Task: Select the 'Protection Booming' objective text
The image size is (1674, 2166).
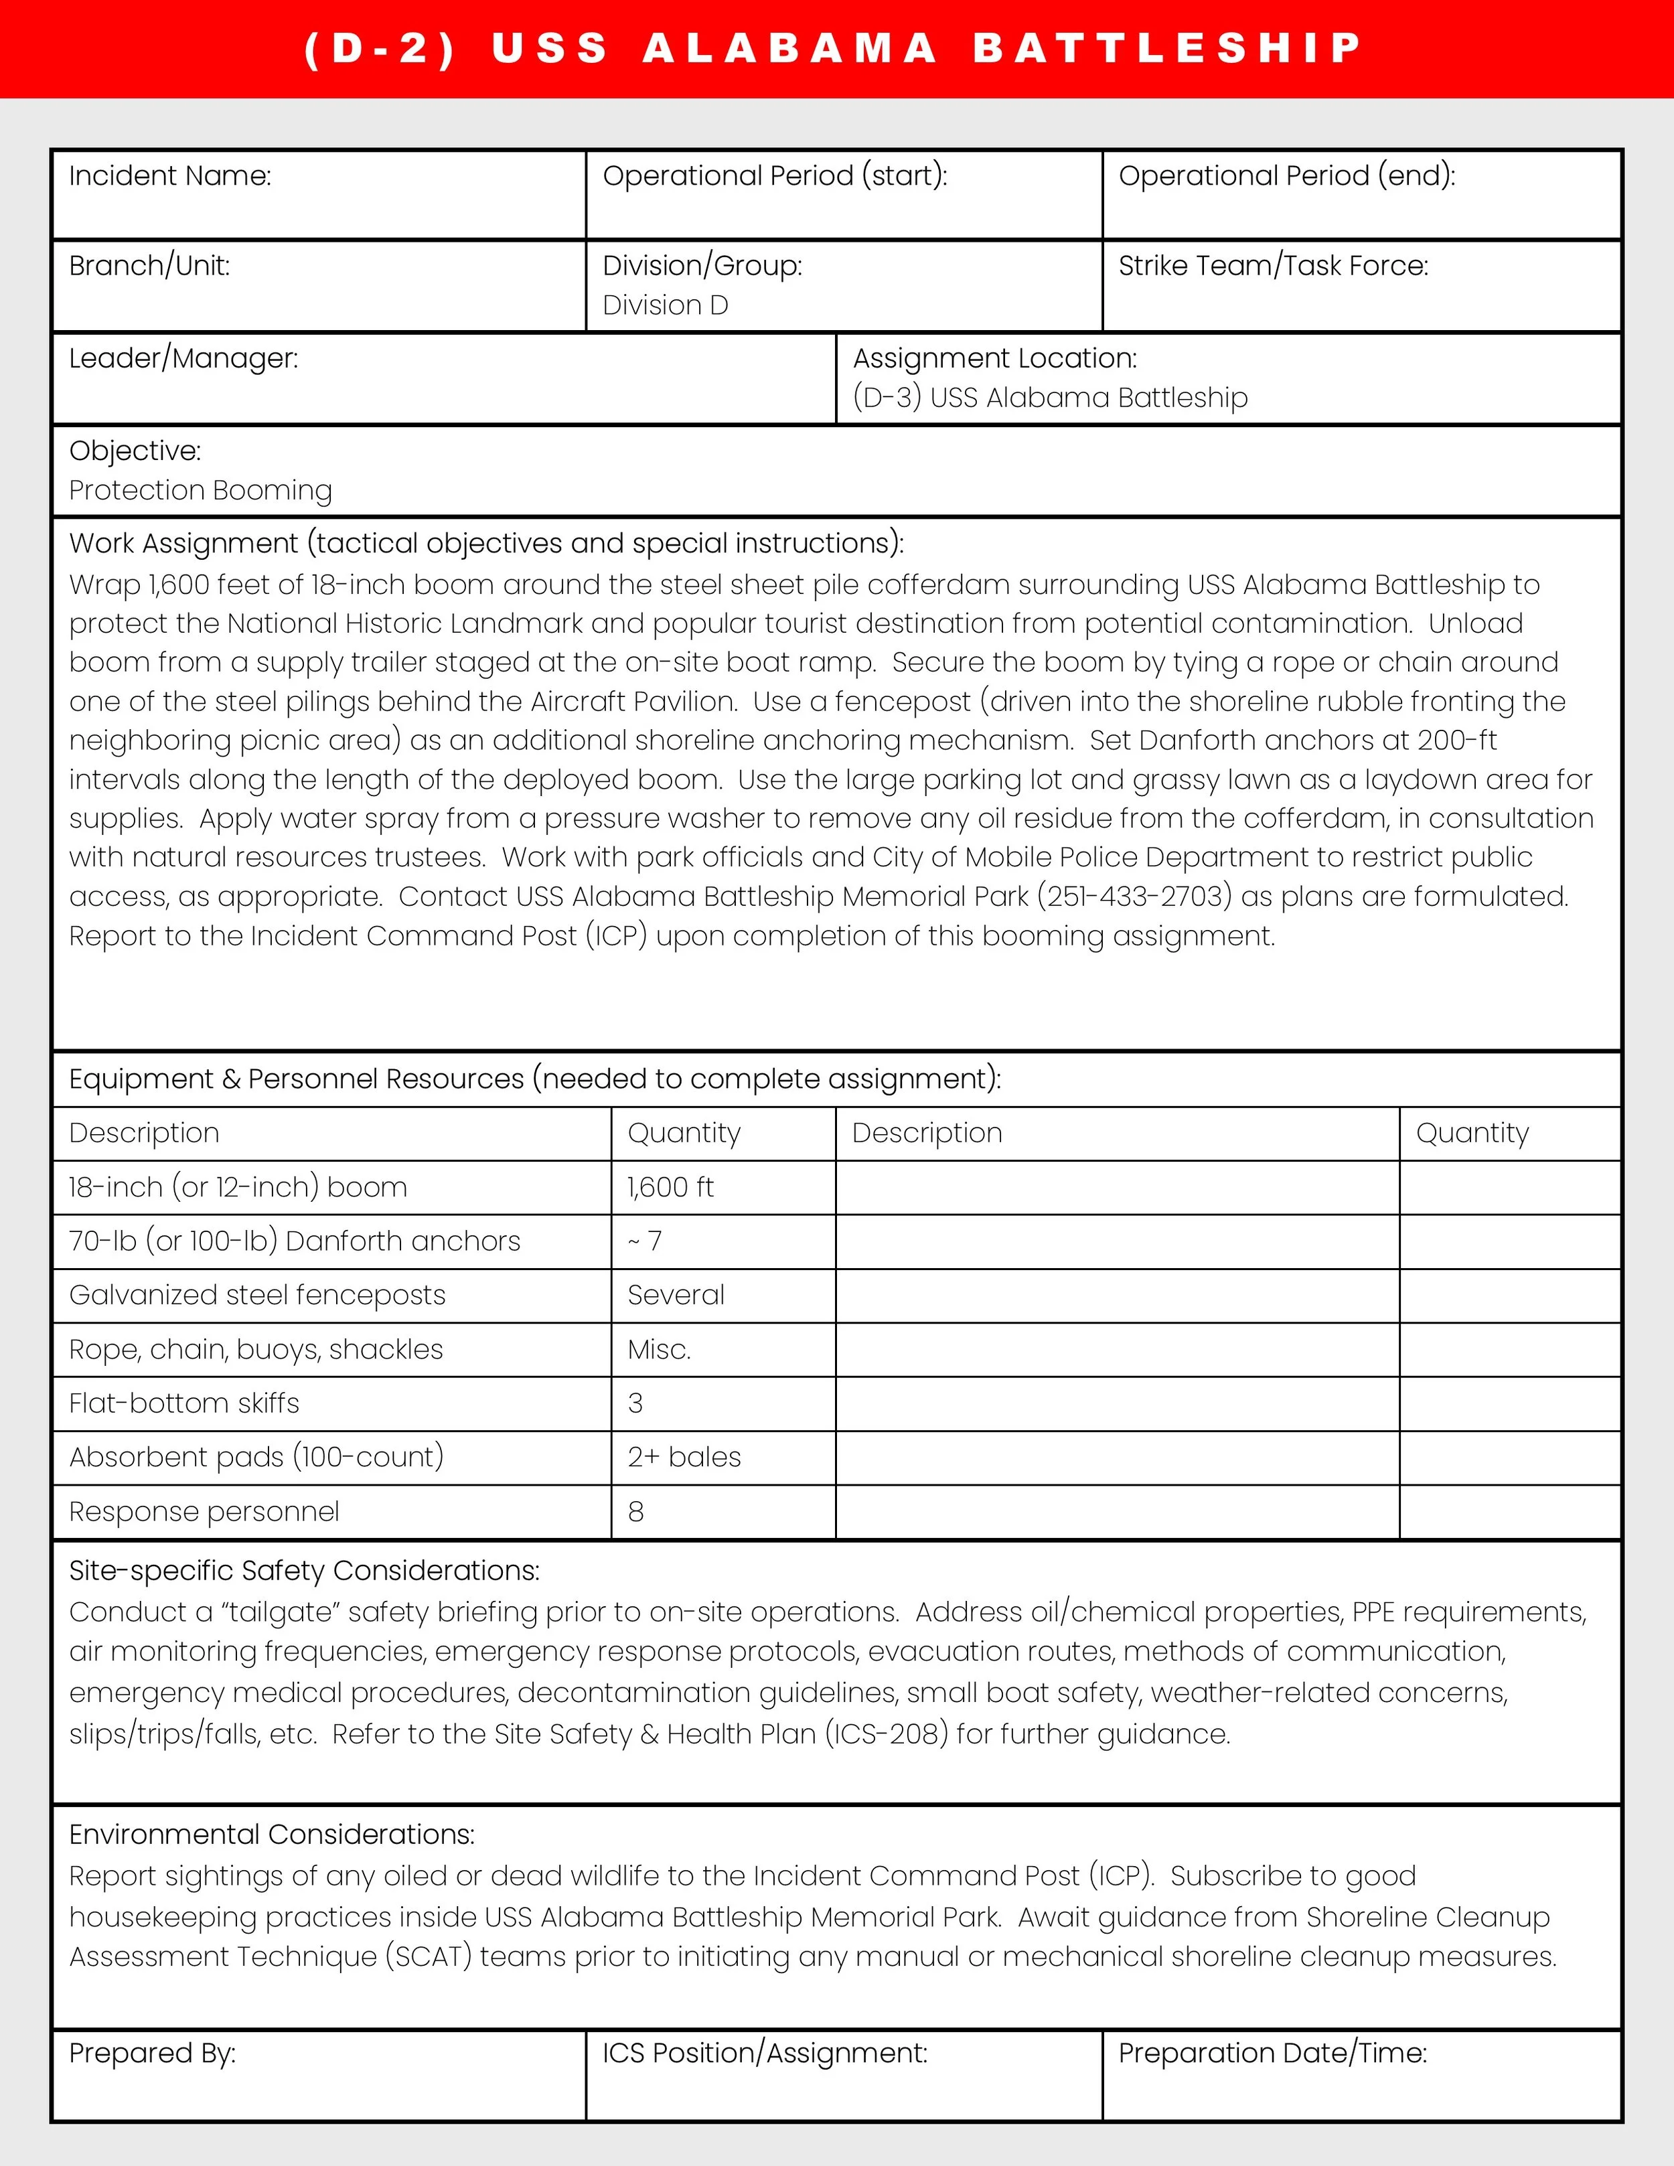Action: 200,490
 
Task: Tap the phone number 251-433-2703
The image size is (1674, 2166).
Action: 1134,896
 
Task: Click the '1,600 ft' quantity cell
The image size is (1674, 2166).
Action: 670,1187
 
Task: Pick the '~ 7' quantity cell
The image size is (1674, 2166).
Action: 645,1241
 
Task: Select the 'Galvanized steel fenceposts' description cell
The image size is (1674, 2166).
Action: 257,1295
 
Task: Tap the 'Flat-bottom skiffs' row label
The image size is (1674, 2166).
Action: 183,1403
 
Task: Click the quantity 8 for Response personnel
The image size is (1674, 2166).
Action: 635,1511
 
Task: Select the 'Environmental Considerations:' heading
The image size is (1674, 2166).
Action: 272,1834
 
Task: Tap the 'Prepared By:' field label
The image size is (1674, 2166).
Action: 152,2053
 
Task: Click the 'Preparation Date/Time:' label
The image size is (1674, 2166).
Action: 1272,2053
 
